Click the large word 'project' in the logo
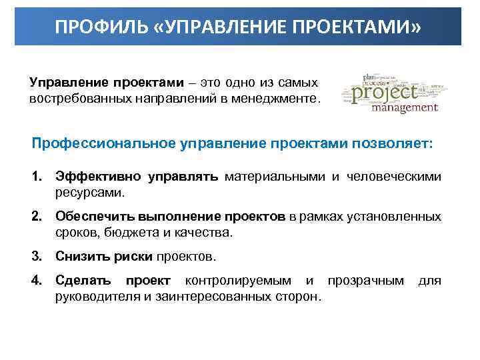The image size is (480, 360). [385, 91]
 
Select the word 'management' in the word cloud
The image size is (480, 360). [404, 107]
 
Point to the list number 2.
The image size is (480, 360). [37, 217]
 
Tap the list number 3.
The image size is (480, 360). [37, 257]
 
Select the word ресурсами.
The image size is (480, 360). [90, 193]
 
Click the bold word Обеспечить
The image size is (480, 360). [93, 217]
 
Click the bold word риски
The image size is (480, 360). [133, 257]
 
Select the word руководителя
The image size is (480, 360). [97, 297]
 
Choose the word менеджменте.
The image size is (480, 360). [278, 98]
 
